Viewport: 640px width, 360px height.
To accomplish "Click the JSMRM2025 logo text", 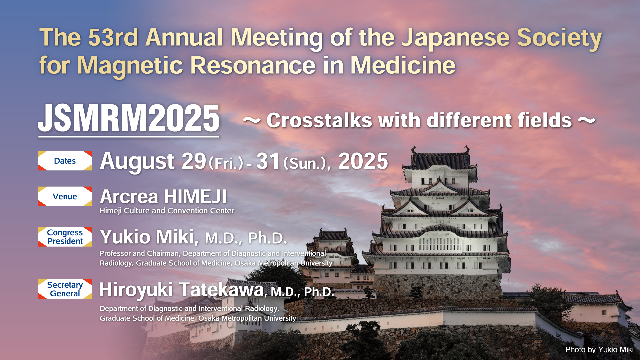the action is coord(129,118).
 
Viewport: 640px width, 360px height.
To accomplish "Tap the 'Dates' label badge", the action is coord(65,161).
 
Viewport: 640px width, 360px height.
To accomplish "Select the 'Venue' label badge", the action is coord(65,196).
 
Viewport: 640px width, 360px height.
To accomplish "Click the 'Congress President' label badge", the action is coord(65,237).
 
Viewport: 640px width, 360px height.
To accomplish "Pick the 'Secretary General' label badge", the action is coord(65,289).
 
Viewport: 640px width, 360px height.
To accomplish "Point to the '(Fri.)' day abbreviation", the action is coord(226,163).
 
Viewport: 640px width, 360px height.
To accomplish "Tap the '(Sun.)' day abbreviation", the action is coord(304,163).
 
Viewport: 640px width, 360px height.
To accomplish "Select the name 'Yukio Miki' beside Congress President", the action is coord(147,237).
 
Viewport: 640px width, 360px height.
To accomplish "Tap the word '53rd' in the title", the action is coord(113,37).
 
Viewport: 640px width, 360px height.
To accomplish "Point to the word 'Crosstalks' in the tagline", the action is coord(319,120).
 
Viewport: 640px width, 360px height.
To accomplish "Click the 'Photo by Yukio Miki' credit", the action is coord(599,350).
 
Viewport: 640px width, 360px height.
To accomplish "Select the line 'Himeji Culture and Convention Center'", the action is coord(167,211).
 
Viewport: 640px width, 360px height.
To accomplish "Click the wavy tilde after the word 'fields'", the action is coord(587,121).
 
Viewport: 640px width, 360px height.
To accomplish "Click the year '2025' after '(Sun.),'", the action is coord(363,161).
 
